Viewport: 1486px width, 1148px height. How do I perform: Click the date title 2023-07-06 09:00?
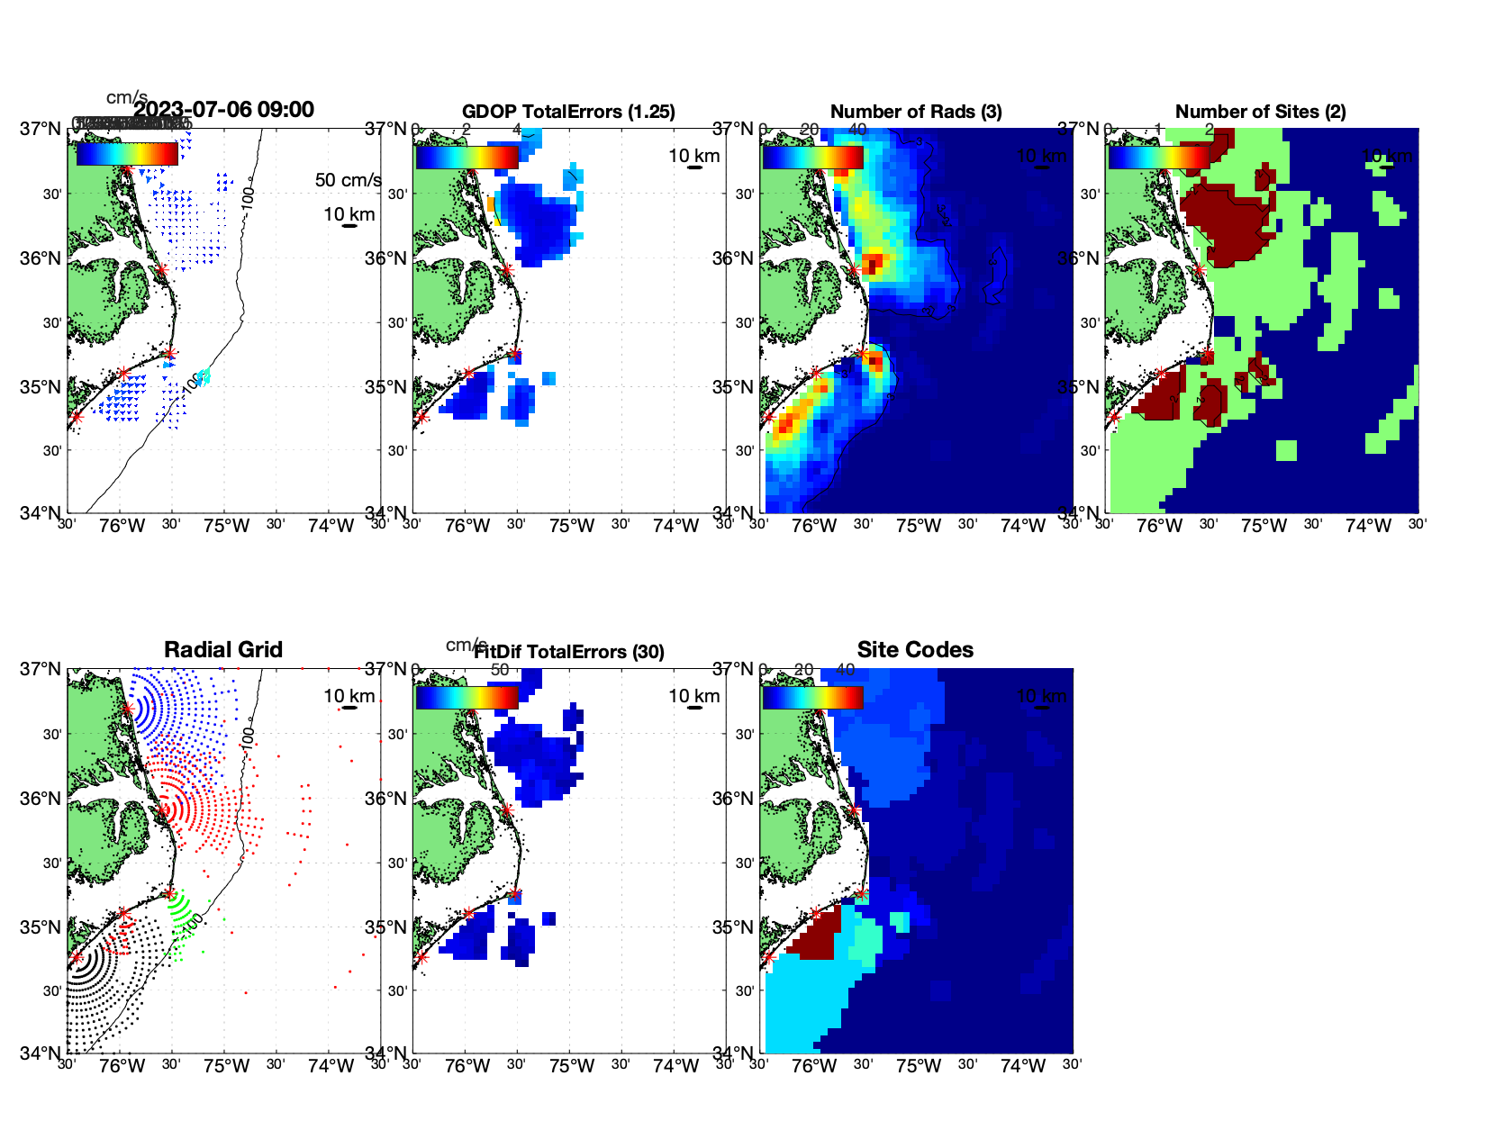tap(223, 110)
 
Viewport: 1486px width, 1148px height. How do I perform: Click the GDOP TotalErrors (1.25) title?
tap(568, 112)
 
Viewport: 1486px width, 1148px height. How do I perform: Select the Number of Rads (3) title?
tap(915, 112)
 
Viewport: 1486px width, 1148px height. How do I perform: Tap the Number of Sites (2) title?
tap(1260, 112)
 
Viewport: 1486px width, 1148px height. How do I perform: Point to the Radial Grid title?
tap(223, 649)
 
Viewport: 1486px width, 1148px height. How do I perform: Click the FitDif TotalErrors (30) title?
tap(569, 652)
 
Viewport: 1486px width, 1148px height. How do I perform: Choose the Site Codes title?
tap(915, 649)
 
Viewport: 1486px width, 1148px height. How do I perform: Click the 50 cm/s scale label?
tap(348, 180)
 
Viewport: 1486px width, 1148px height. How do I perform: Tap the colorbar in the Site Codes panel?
tap(812, 698)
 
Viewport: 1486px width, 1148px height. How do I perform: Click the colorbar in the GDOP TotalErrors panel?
tap(467, 158)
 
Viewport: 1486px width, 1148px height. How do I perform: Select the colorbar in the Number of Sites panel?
tap(1158, 158)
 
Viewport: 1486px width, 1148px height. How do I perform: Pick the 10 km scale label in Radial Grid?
tap(349, 696)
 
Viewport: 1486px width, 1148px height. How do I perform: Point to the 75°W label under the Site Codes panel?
tap(919, 1066)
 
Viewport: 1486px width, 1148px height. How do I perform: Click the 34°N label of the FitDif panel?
tap(387, 1053)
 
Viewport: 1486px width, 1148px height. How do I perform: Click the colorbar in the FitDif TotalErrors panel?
tap(467, 698)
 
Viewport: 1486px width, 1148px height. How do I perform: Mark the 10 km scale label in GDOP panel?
tap(693, 156)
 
